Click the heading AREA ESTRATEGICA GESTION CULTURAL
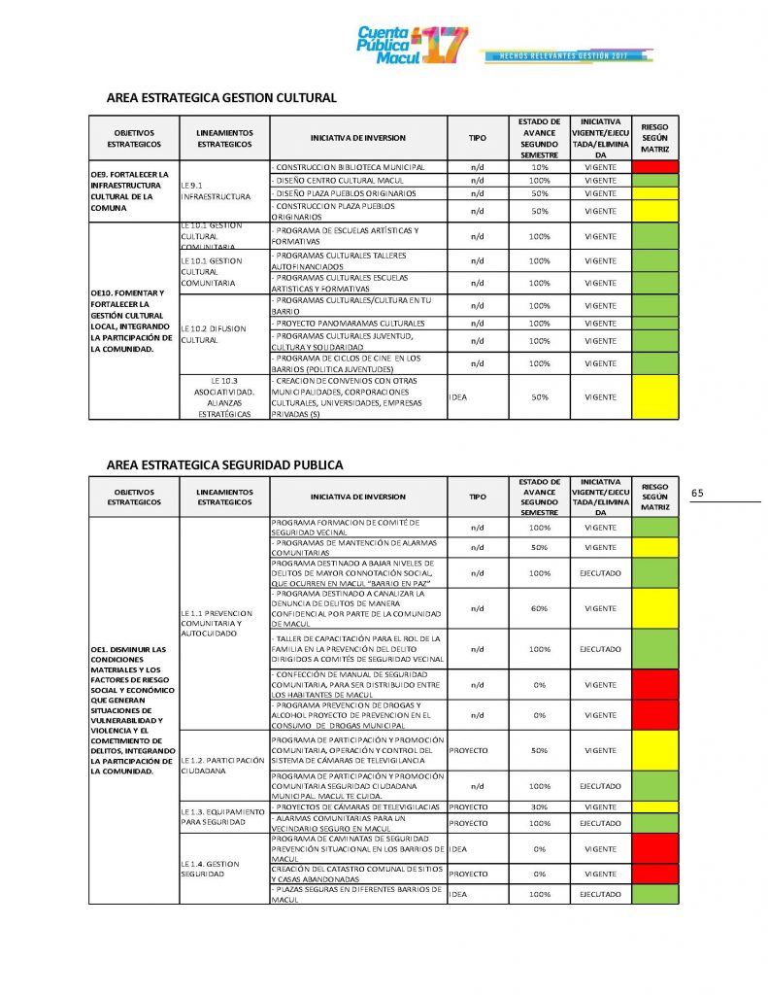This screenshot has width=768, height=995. click(221, 98)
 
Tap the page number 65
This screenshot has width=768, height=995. click(697, 493)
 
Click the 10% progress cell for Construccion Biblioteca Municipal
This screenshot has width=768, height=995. click(539, 167)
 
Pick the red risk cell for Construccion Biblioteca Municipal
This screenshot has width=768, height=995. click(655, 167)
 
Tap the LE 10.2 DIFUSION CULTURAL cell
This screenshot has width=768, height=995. click(222, 334)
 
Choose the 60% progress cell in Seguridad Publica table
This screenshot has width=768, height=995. click(539, 608)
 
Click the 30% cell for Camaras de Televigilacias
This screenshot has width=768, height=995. click(539, 807)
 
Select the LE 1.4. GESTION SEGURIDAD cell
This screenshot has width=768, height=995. click(222, 869)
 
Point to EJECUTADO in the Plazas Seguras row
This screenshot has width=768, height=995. click(601, 894)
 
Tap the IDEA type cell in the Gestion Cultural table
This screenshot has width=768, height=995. click(477, 397)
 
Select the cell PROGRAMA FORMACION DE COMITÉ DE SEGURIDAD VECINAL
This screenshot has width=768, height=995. click(357, 528)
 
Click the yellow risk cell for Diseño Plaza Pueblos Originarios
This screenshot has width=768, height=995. click(655, 193)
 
